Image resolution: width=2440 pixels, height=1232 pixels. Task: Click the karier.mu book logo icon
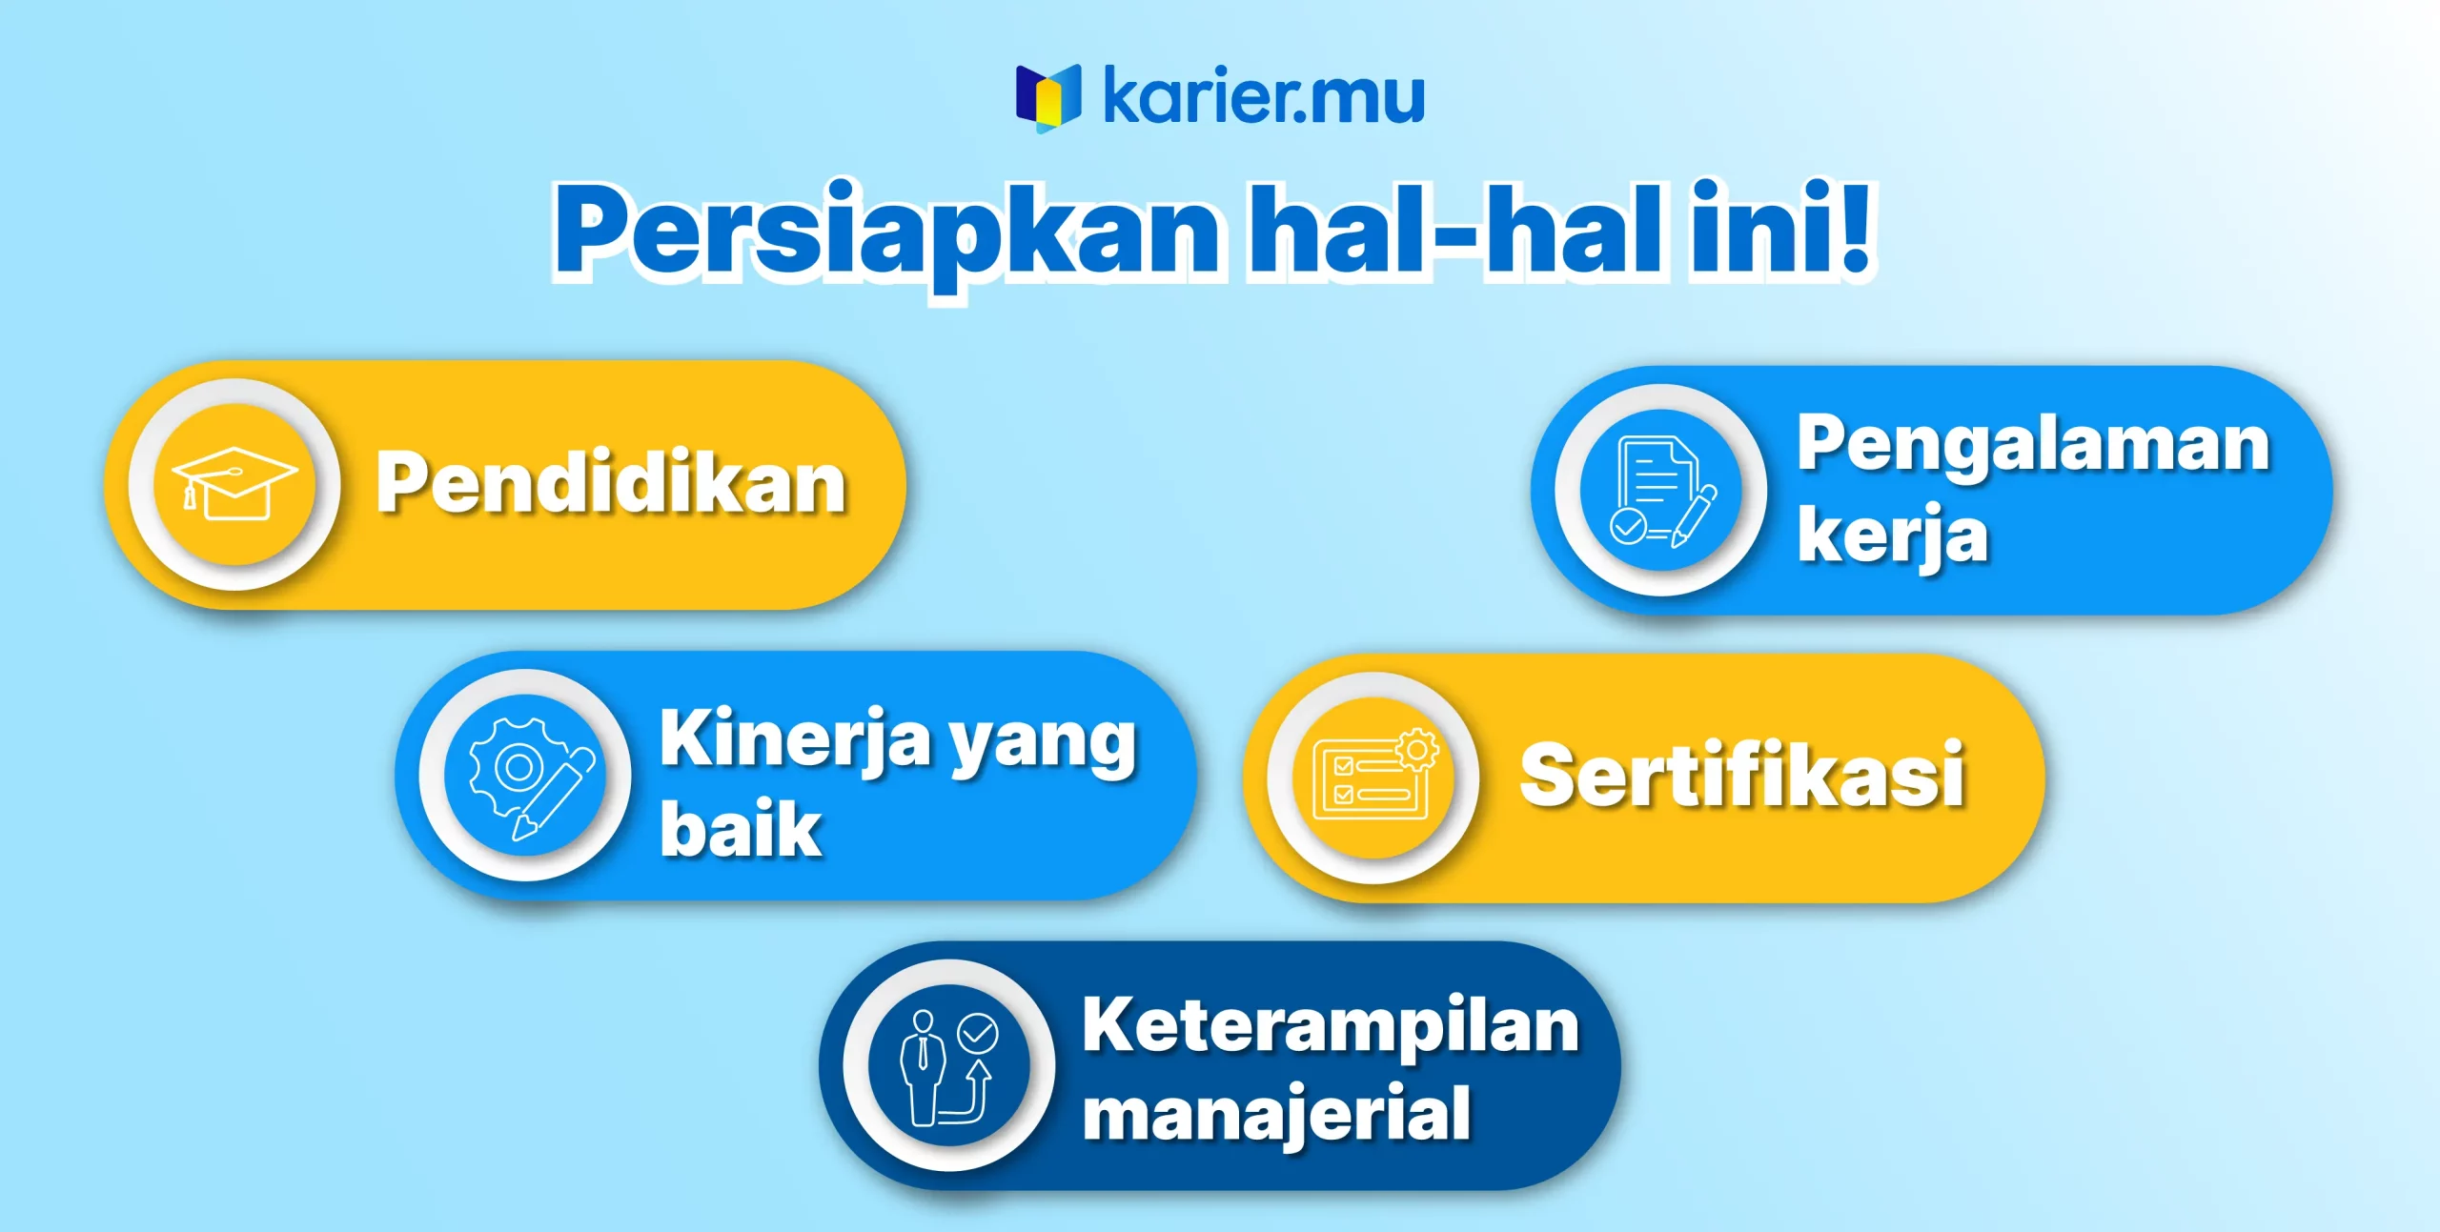[1048, 98]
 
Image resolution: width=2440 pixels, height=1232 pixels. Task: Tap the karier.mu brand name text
[1264, 96]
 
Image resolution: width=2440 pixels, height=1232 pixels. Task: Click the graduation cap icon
[234, 483]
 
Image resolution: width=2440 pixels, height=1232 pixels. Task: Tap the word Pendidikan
[611, 483]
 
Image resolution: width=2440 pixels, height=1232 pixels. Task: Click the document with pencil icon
[1662, 491]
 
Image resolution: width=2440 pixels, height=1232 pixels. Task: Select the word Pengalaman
[2033, 446]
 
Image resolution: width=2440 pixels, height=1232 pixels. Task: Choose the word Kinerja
[795, 738]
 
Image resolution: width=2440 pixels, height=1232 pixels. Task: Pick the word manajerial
[1277, 1113]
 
